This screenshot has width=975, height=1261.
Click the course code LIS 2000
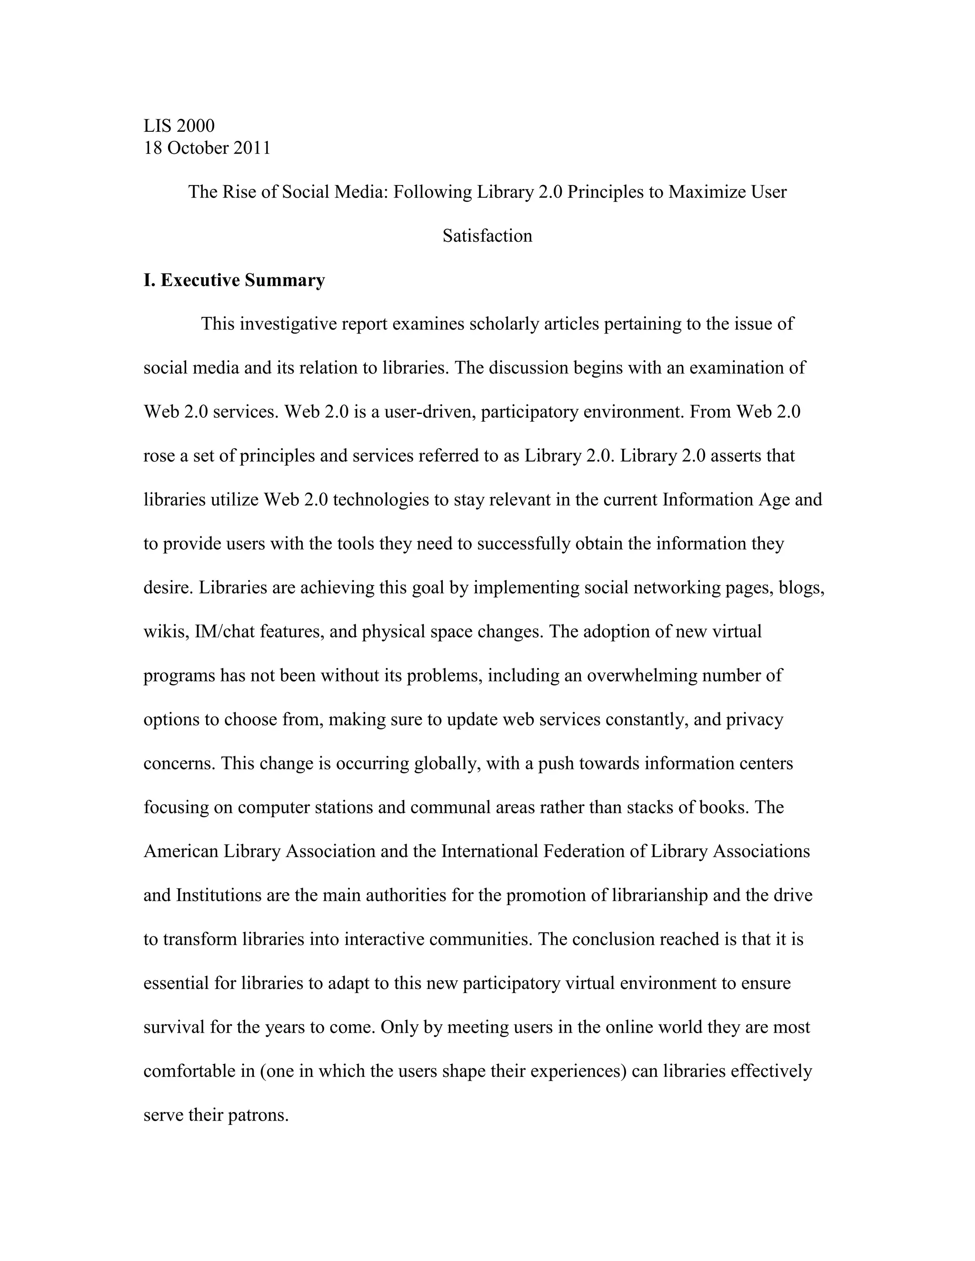[x=179, y=126]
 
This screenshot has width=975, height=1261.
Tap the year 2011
[x=252, y=148]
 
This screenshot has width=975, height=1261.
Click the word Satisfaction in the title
[x=487, y=236]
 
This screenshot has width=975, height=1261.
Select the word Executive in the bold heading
[x=200, y=281]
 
